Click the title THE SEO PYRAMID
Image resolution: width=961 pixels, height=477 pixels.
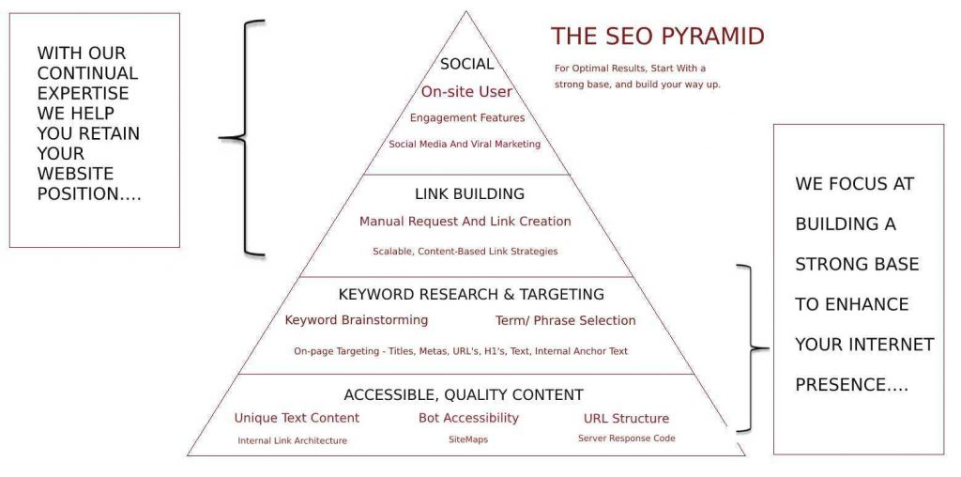point(657,37)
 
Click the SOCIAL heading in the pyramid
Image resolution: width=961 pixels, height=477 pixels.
point(466,65)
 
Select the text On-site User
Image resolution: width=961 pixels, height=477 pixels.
point(466,91)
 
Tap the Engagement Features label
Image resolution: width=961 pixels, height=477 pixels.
point(467,118)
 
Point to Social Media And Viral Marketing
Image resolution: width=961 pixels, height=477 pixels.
point(465,145)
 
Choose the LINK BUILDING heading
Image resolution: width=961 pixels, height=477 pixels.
point(469,194)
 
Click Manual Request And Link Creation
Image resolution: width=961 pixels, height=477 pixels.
point(465,222)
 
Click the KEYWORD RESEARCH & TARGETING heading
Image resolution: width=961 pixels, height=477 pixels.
point(471,295)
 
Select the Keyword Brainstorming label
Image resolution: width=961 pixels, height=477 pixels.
point(357,320)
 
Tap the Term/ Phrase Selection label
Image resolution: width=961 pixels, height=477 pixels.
point(565,321)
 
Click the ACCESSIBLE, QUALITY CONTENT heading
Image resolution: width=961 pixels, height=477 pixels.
point(464,394)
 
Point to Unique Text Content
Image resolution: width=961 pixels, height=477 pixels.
point(297,418)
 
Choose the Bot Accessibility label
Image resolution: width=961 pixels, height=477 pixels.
point(468,418)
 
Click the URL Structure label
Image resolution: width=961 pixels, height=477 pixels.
point(626,418)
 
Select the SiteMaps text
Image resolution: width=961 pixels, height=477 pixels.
point(468,439)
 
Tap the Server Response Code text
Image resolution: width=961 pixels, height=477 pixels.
point(626,439)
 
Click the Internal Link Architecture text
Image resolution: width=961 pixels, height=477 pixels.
point(292,440)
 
